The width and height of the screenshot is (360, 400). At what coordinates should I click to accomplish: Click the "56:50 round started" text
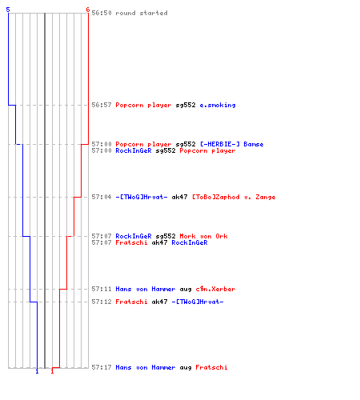pos(130,13)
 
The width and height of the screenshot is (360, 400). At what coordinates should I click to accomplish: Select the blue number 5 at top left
pos(8,10)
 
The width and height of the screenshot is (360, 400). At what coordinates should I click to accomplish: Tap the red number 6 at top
pos(88,10)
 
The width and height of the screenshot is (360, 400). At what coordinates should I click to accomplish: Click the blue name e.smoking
pos(218,105)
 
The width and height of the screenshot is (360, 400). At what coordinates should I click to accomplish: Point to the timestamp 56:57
pos(102,105)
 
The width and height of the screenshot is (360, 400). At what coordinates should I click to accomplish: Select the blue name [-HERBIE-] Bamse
pos(232,144)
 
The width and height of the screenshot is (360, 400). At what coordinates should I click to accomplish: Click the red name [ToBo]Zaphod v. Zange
pos(234,197)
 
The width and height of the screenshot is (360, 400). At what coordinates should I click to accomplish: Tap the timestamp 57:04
pos(102,197)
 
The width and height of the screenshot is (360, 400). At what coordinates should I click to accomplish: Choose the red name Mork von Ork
pos(203,236)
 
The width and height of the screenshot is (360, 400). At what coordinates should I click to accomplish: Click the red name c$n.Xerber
pos(215,289)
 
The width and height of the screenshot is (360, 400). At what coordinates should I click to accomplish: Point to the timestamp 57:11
pos(102,289)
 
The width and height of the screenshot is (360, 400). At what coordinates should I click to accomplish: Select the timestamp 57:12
pos(102,302)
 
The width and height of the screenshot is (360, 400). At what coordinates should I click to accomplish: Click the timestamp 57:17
pos(102,367)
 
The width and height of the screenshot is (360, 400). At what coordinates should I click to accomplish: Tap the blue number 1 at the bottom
pos(37,371)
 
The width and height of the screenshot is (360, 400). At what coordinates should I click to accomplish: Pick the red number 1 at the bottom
pos(52,371)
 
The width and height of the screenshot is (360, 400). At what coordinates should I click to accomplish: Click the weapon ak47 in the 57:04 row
pos(179,197)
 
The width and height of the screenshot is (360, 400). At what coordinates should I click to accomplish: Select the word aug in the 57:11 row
pos(186,290)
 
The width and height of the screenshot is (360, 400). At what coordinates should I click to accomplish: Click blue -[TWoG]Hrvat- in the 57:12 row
pos(198,302)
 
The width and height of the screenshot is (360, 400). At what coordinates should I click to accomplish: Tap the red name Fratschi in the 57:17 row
pos(211,367)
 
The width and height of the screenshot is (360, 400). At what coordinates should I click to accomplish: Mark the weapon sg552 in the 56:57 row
pos(186,106)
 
